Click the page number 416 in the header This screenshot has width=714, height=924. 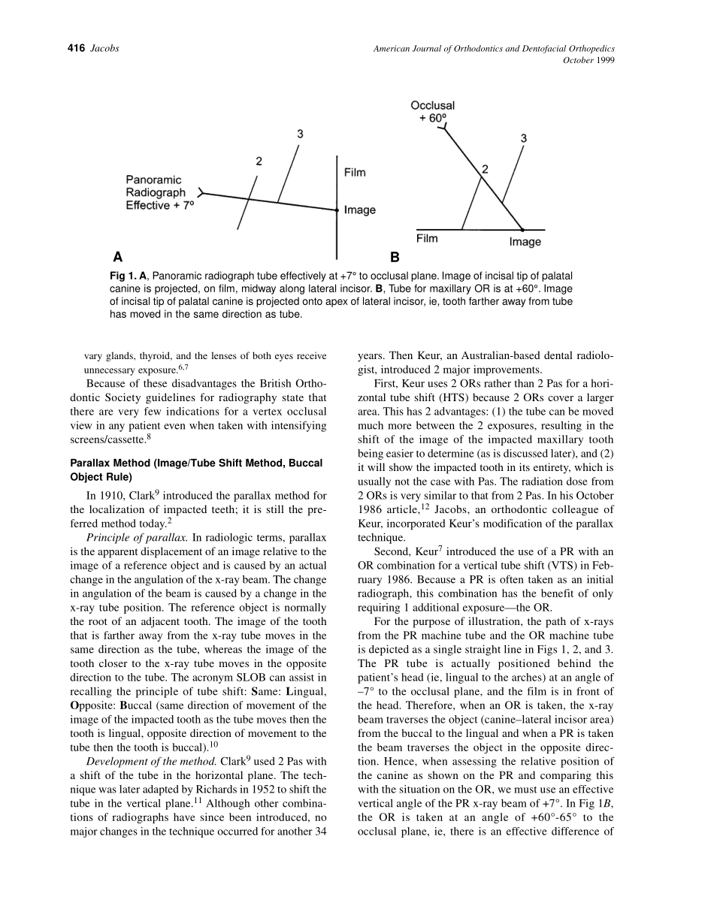(x=77, y=49)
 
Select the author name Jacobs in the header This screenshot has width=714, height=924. (x=104, y=49)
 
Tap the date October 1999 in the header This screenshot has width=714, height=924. (x=588, y=61)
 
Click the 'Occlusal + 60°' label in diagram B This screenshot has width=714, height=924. (x=432, y=111)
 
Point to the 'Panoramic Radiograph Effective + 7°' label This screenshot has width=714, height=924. (x=159, y=192)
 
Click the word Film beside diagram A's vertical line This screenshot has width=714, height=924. (x=355, y=173)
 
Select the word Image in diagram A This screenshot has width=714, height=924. (x=359, y=210)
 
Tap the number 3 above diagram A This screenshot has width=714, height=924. (x=300, y=134)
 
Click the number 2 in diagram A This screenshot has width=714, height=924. (x=259, y=161)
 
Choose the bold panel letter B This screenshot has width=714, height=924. (x=395, y=255)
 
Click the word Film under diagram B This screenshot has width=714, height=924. (x=427, y=239)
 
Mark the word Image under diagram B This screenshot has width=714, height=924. (x=525, y=242)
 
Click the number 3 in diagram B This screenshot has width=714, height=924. (x=523, y=138)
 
